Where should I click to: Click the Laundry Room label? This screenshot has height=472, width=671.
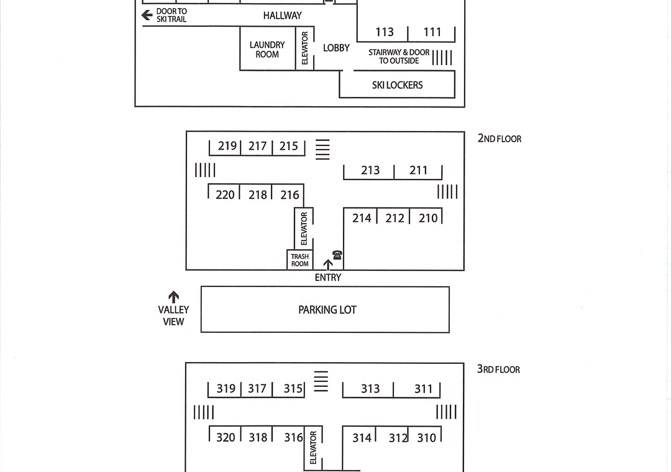click(267, 50)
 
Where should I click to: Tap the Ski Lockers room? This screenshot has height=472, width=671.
click(397, 85)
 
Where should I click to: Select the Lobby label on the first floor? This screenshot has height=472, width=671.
click(336, 48)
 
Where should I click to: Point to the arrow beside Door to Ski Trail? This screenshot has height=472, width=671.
click(147, 15)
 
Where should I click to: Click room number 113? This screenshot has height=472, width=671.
click(385, 32)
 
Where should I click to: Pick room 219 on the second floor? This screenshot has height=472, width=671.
click(227, 146)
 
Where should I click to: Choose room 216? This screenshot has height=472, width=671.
click(290, 195)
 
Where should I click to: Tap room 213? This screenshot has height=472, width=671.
click(370, 170)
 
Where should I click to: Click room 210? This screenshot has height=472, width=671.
click(428, 218)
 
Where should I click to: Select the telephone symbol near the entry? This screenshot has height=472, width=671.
click(337, 255)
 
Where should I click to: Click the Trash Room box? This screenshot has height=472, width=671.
click(300, 260)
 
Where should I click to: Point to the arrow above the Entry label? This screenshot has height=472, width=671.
click(328, 264)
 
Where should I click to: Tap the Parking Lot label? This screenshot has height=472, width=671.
click(327, 310)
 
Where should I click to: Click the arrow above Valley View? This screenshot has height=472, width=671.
click(174, 297)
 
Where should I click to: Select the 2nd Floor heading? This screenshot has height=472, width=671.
click(500, 138)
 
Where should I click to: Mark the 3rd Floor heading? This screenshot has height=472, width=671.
click(498, 370)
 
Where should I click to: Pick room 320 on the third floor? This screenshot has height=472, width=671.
click(226, 438)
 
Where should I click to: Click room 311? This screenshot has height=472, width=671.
click(423, 389)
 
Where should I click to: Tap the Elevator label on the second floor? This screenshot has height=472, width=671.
click(304, 228)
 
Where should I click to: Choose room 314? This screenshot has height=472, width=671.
click(362, 438)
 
